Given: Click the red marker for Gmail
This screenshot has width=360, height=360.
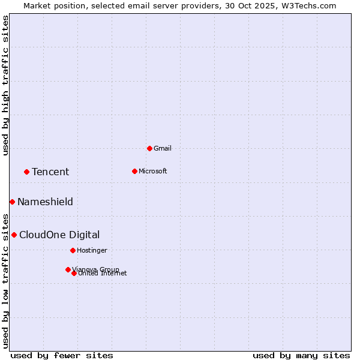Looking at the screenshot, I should click(x=149, y=148).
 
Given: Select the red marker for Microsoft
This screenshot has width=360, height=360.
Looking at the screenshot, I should click(x=134, y=171).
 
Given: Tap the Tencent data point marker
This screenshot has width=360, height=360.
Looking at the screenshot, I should click(x=26, y=172).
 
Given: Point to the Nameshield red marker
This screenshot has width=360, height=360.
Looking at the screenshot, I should click(x=12, y=202).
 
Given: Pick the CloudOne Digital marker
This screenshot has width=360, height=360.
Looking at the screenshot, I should click(x=14, y=235).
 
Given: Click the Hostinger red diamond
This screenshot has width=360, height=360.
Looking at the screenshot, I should click(x=73, y=250).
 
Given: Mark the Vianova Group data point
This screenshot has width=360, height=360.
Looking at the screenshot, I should click(x=68, y=269).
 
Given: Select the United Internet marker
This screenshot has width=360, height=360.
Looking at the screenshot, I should click(x=74, y=273).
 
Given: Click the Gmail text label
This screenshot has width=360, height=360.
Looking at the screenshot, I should click(x=163, y=148).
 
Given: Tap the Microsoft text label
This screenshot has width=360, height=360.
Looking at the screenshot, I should click(x=152, y=171).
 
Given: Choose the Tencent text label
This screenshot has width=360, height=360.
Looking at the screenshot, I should click(x=50, y=172).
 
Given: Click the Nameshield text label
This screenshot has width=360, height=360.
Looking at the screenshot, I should click(x=45, y=202).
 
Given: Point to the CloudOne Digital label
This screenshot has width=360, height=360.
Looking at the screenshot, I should click(x=59, y=235).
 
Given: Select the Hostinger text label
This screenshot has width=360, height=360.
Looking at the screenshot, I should click(x=92, y=250).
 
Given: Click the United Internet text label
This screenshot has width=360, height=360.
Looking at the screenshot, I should click(x=103, y=274).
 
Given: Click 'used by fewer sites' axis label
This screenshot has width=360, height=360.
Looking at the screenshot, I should click(x=62, y=355).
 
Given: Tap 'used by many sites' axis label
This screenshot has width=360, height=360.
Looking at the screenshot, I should click(x=301, y=355).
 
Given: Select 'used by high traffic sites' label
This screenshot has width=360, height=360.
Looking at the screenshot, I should click(x=5, y=85).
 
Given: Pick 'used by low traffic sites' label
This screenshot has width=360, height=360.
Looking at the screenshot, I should click(x=5, y=280).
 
